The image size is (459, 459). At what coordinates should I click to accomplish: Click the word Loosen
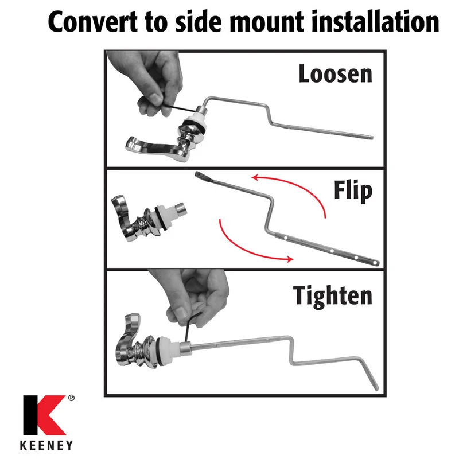[x=335, y=74]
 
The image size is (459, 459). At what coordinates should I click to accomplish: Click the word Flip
[x=353, y=191]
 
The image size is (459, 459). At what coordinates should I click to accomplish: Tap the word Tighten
[x=333, y=296]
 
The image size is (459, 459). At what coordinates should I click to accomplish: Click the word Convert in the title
[x=92, y=22]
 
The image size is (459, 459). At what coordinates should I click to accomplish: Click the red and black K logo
[x=45, y=415]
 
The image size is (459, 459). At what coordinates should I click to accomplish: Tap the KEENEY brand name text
[x=46, y=446]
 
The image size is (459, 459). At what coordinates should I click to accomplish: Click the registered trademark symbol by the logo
[x=71, y=398]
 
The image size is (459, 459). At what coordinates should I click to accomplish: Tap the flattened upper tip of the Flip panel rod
[x=200, y=175]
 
